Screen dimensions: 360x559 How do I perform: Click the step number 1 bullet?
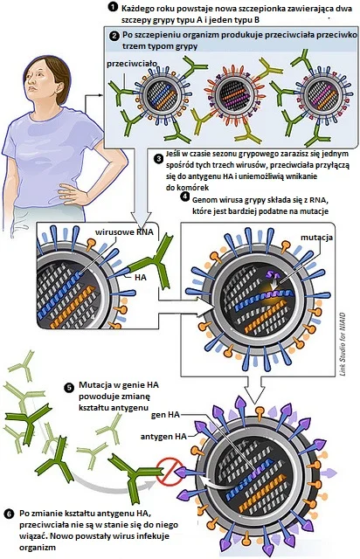tap(113, 7)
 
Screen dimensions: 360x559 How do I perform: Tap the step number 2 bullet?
tap(114, 36)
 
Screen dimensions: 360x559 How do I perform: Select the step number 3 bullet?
tap(159, 159)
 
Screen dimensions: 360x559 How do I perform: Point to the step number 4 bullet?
tap(184, 197)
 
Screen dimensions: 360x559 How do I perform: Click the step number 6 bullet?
tap(9, 514)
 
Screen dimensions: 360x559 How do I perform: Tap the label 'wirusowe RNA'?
tap(124, 232)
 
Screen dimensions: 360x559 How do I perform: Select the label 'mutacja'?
tap(316, 238)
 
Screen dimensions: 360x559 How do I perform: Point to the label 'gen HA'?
tap(165, 415)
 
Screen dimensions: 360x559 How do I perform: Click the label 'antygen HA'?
tap(163, 437)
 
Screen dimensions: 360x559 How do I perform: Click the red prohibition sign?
tap(170, 472)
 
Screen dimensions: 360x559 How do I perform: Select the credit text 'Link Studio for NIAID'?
tap(343, 344)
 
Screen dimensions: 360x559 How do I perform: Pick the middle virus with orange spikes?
tap(233, 93)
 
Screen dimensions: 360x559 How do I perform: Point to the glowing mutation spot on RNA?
tap(277, 287)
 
